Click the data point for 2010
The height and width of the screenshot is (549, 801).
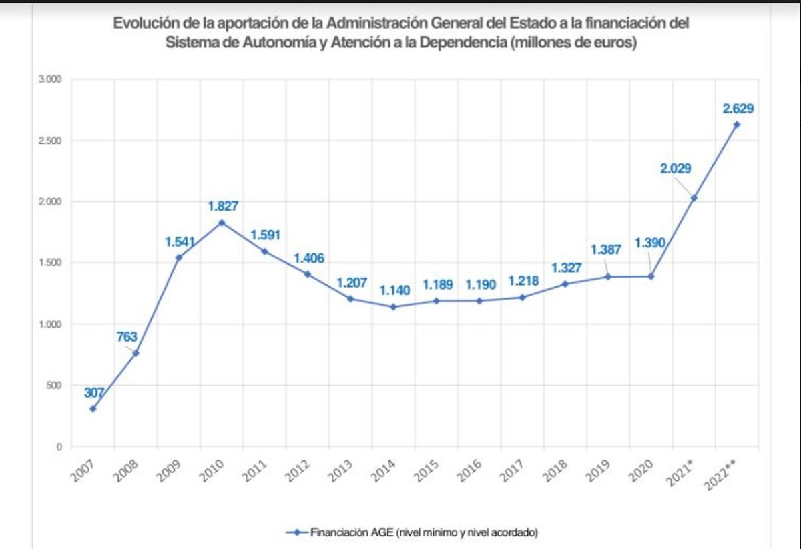222,223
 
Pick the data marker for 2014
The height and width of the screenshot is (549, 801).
393,307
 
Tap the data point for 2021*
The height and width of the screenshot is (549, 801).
694,198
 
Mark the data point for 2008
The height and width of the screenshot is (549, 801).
136,353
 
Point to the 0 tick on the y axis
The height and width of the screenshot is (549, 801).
59,447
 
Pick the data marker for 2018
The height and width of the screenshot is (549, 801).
565,284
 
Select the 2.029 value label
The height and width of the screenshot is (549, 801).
676,169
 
